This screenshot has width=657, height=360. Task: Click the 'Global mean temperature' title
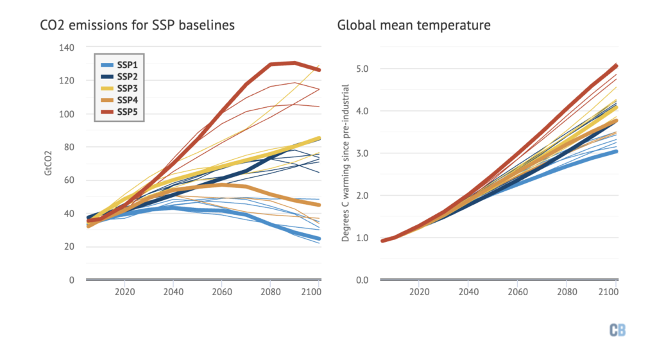click(414, 26)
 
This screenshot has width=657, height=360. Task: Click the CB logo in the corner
click(617, 330)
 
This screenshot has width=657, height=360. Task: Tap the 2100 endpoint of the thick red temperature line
click(617, 65)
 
